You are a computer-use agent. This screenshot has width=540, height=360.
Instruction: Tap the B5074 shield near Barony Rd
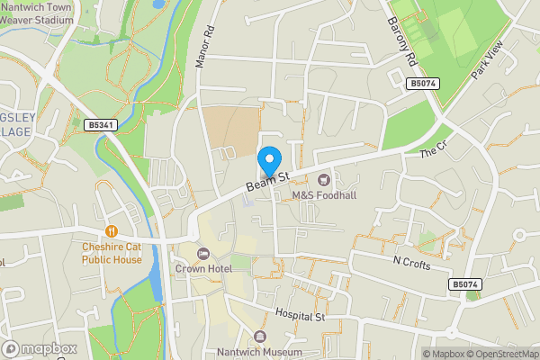click(x=422, y=83)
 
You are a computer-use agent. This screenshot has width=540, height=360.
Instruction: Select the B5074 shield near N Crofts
click(x=463, y=284)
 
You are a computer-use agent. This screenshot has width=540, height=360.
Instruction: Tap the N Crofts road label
click(x=413, y=263)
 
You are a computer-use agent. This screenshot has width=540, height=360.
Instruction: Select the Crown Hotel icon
click(x=202, y=253)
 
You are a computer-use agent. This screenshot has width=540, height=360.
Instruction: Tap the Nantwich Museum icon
click(x=260, y=336)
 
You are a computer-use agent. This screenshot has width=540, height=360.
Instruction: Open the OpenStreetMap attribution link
click(x=501, y=353)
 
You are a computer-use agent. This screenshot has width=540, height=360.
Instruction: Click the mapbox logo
click(x=40, y=348)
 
